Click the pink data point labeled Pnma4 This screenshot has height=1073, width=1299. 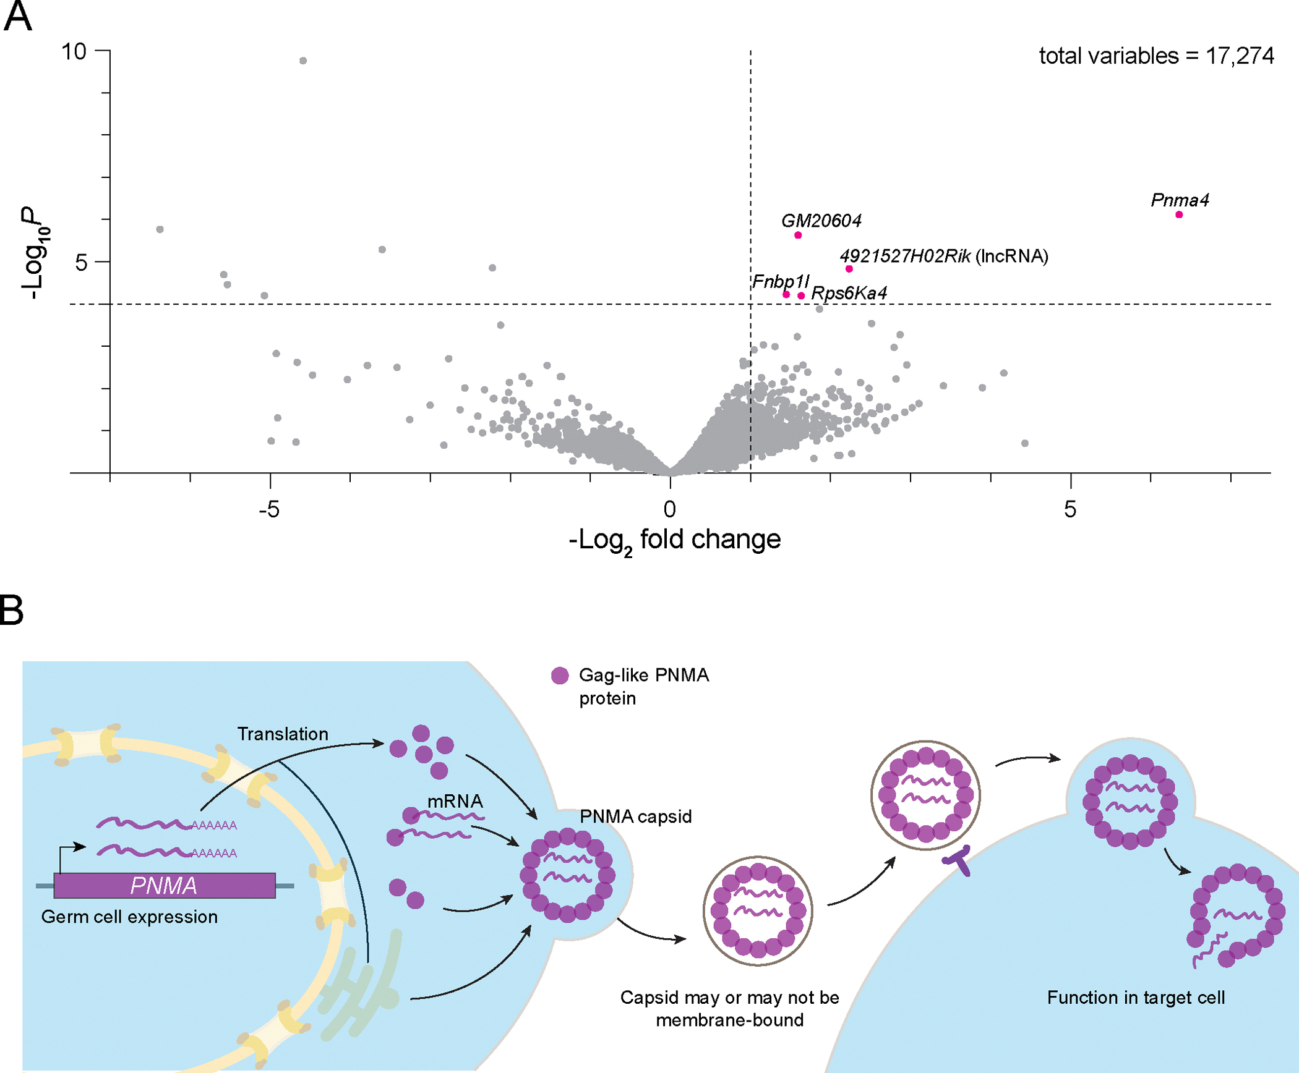[1179, 214]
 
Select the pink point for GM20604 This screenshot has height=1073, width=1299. [798, 235]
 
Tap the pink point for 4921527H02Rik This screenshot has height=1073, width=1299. [849, 269]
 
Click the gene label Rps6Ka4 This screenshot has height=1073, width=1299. [849, 293]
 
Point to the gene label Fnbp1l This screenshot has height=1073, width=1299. [781, 282]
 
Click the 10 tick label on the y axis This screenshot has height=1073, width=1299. [74, 52]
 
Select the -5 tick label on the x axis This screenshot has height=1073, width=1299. [269, 509]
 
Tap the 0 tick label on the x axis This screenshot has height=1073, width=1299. [669, 509]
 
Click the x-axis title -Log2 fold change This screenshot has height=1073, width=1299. [674, 540]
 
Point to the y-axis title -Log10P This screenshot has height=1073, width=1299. [35, 253]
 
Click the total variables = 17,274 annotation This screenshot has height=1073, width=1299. [1156, 56]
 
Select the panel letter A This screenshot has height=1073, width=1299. [17, 17]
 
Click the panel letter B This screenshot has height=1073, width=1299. [11, 610]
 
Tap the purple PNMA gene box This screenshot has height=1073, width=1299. [165, 885]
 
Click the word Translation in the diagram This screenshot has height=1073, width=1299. [283, 734]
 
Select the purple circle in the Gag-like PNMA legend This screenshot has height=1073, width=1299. [560, 676]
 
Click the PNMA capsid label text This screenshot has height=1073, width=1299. [635, 816]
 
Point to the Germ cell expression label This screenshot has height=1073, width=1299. [129, 917]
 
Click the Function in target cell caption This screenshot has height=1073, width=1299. [1136, 998]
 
